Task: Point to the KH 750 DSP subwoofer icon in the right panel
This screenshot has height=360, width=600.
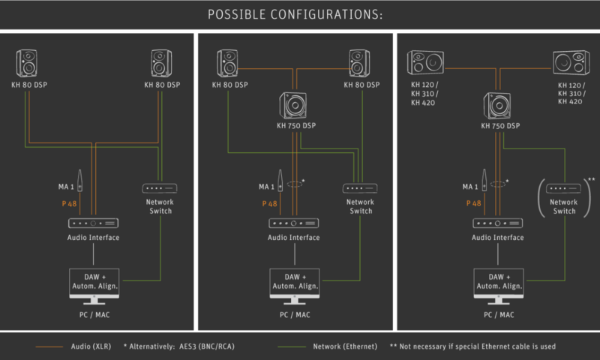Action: pyautogui.click(x=497, y=105)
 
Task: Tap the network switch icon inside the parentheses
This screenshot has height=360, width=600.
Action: pyautogui.click(x=564, y=188)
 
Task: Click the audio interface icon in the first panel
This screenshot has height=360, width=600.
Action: pyautogui.click(x=94, y=223)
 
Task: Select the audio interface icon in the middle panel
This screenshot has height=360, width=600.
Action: pyautogui.click(x=294, y=223)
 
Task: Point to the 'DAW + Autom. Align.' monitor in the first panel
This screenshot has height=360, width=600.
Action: pyautogui.click(x=94, y=283)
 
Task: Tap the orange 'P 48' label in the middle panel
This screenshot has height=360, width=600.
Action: pyautogui.click(x=269, y=203)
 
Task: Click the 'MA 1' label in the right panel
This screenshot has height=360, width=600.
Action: pyautogui.click(x=470, y=187)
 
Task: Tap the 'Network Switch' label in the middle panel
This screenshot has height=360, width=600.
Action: pyautogui.click(x=360, y=206)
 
